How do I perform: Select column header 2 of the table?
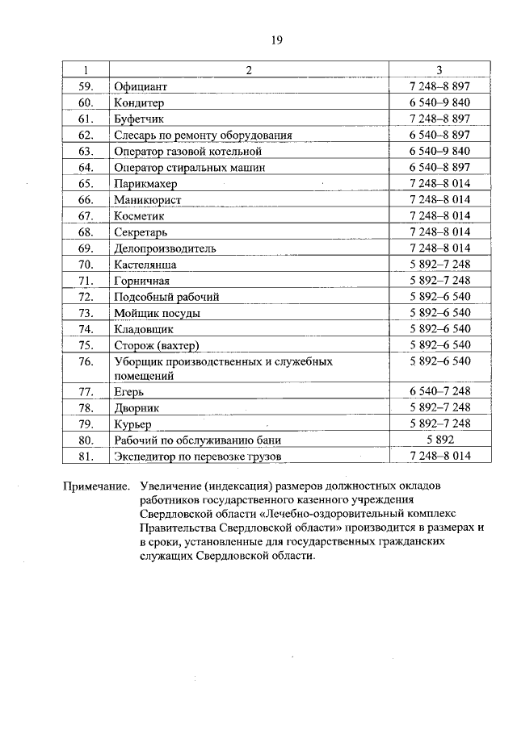point(249,69)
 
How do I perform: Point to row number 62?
point(86,135)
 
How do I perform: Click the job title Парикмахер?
point(145,183)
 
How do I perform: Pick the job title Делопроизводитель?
point(165,248)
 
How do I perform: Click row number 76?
point(86,361)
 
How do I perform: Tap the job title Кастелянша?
point(145,264)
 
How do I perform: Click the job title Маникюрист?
point(148,199)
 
